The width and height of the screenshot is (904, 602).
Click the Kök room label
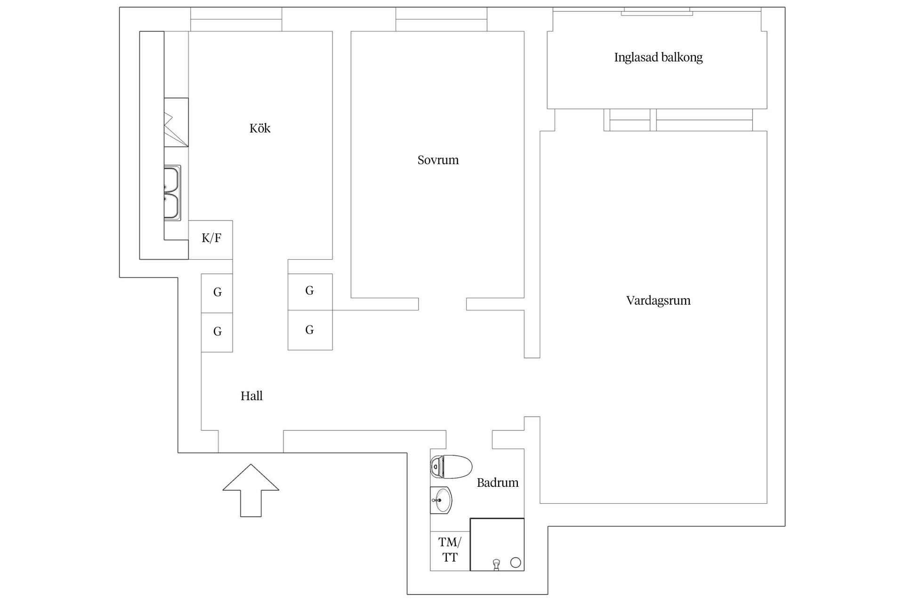pos(260,128)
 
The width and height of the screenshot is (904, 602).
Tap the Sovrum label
pos(438,160)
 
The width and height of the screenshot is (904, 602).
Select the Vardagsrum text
pos(658,301)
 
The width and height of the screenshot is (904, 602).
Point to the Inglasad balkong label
pos(658,57)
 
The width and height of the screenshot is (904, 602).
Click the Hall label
pos(251,396)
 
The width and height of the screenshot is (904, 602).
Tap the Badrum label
pos(497,483)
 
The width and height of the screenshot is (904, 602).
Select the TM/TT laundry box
pos(450,550)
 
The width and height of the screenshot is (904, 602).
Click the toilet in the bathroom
pos(451,467)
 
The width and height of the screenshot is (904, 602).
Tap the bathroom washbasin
pos(441,499)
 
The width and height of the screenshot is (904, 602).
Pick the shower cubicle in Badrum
pos(497,544)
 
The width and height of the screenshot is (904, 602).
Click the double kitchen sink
pos(172,193)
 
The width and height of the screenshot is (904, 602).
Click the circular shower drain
pos(516,562)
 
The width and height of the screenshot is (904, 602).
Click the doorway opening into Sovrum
pos(442,304)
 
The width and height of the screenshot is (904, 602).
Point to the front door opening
pos(250,442)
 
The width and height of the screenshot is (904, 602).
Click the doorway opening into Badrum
pos(469,439)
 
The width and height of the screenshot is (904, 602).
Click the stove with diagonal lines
pos(176,122)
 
